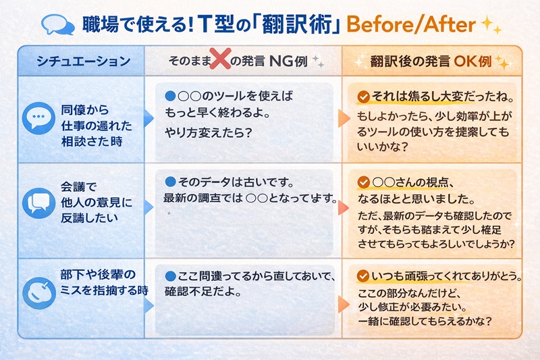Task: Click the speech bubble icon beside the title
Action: [58, 25]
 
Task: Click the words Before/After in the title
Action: [411, 24]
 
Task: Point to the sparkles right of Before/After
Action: [491, 25]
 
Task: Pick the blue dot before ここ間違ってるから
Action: [170, 277]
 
